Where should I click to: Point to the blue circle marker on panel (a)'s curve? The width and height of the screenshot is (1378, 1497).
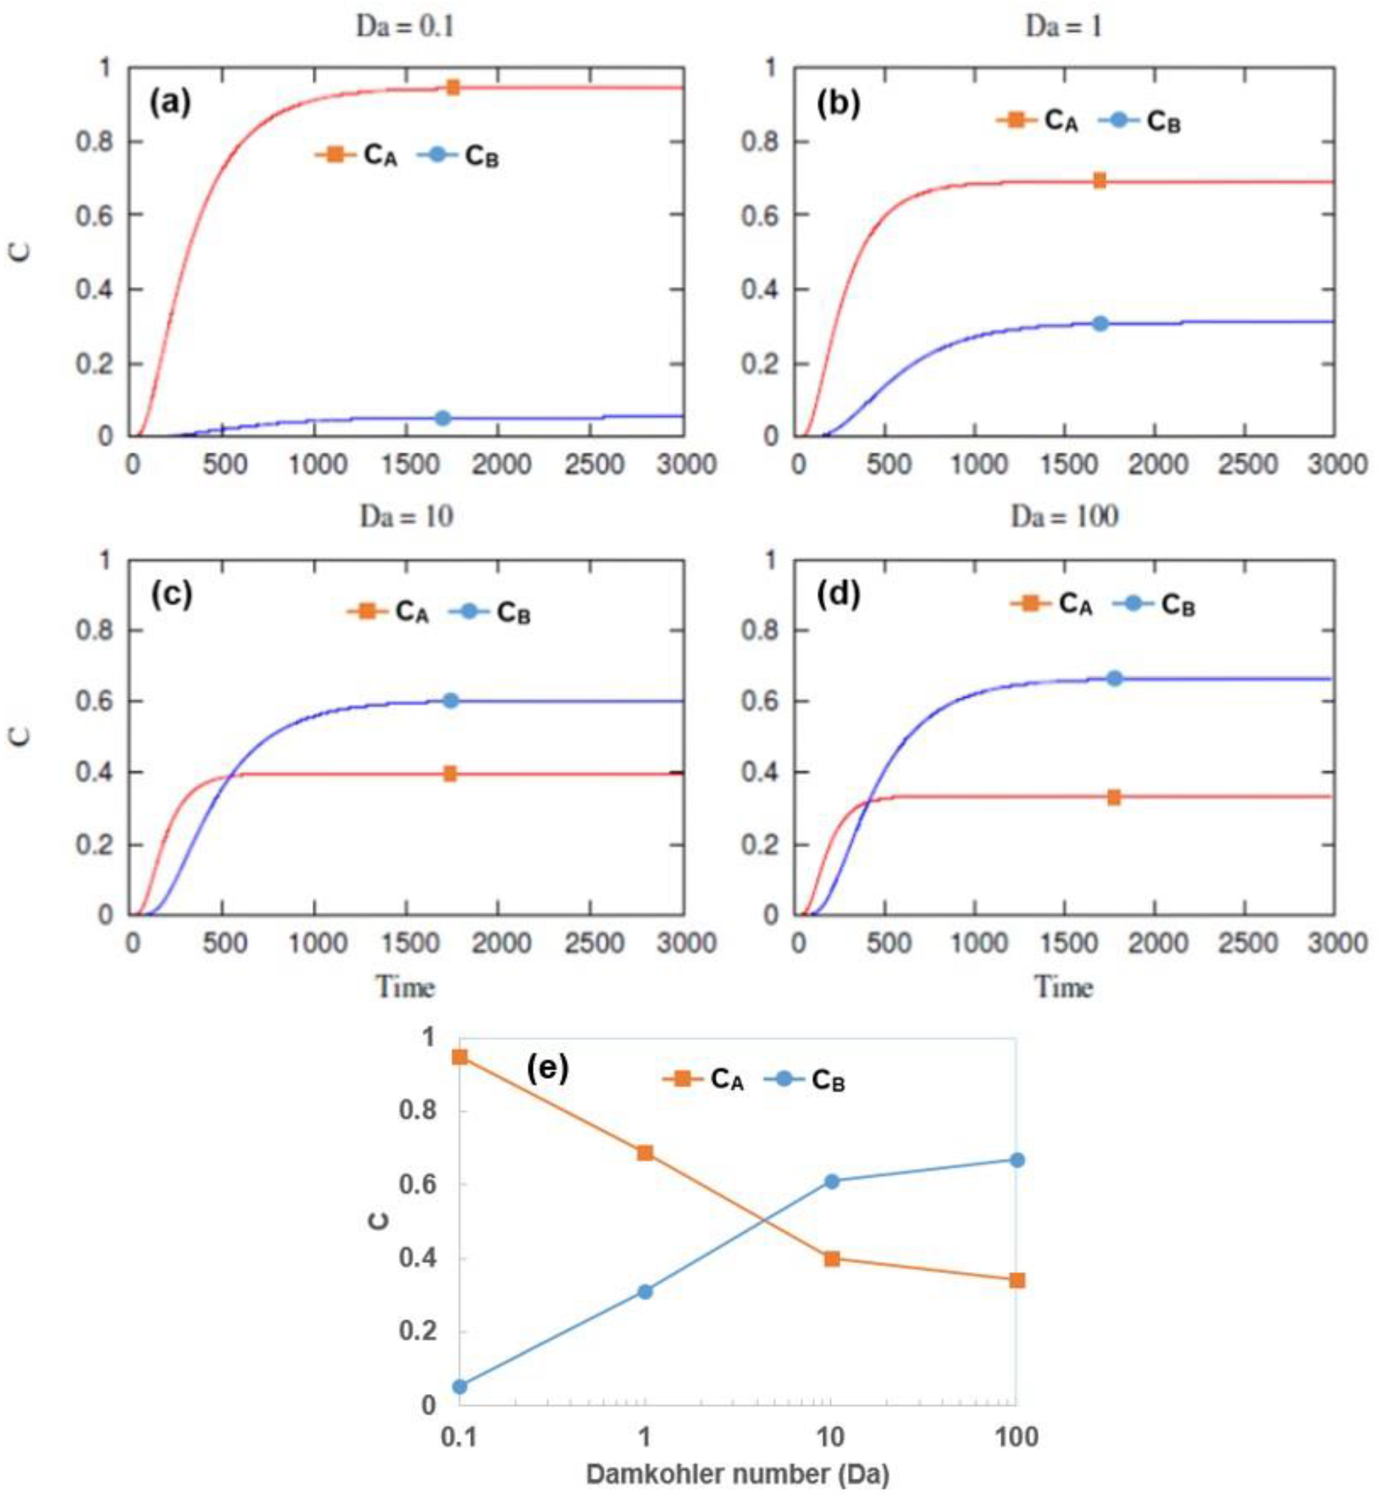click(443, 418)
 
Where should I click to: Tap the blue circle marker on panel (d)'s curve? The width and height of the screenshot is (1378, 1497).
click(1114, 678)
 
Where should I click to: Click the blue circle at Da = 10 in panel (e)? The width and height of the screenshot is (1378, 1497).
click(832, 1181)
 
